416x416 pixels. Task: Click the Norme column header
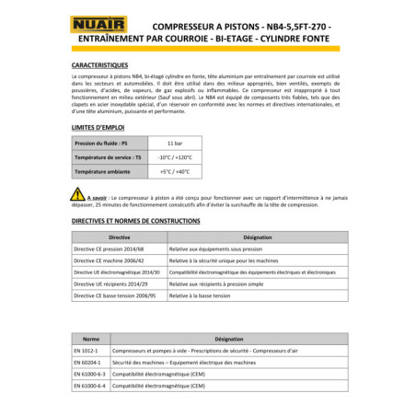point(91,339)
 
